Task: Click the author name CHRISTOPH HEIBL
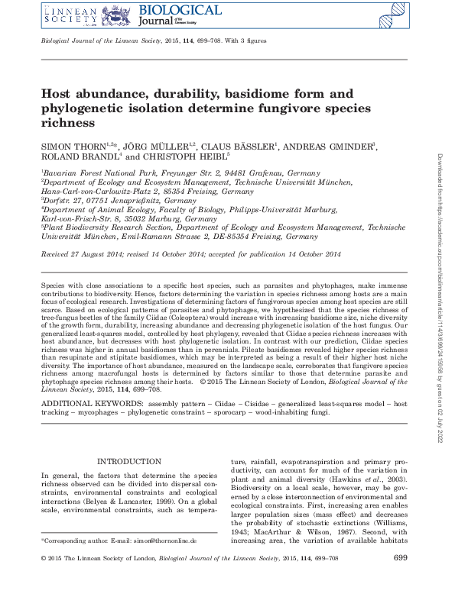190,157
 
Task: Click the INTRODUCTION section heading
125,462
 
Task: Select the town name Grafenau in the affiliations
263,174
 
